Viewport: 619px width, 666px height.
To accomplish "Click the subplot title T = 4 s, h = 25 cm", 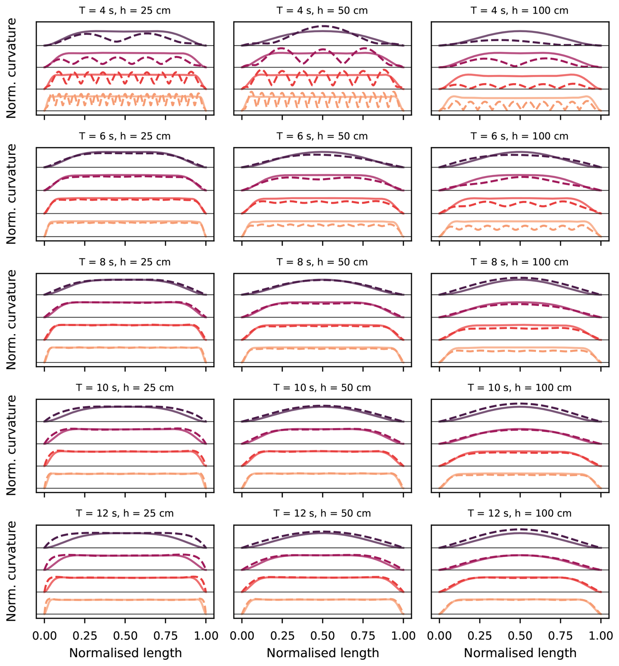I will (125, 11).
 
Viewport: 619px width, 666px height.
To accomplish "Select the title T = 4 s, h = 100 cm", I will (520, 11).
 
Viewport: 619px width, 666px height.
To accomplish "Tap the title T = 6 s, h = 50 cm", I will (322, 136).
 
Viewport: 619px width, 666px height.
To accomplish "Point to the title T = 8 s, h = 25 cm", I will (125, 262).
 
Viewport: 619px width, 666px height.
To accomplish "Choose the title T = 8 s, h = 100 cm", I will (520, 262).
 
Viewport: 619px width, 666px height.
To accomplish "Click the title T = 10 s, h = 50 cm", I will (322, 387).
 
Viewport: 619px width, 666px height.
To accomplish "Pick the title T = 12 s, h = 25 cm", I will (125, 513).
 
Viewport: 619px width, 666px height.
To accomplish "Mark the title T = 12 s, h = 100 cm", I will (520, 513).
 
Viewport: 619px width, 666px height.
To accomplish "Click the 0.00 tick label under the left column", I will (44, 636).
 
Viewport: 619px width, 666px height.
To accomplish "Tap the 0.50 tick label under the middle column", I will (323, 636).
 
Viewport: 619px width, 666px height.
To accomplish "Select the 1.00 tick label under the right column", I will (601, 636).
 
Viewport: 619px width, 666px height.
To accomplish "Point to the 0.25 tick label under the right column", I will (480, 636).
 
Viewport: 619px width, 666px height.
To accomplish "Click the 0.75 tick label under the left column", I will (166, 636).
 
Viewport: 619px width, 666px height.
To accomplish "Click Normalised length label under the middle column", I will (323, 653).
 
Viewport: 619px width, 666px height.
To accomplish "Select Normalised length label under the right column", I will (520, 653).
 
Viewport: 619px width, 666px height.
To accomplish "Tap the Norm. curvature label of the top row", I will (11, 68).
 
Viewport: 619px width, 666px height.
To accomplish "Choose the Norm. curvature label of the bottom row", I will (11, 571).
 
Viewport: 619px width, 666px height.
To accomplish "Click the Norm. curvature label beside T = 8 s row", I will (11, 320).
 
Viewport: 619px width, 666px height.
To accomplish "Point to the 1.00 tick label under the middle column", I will (403, 636).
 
